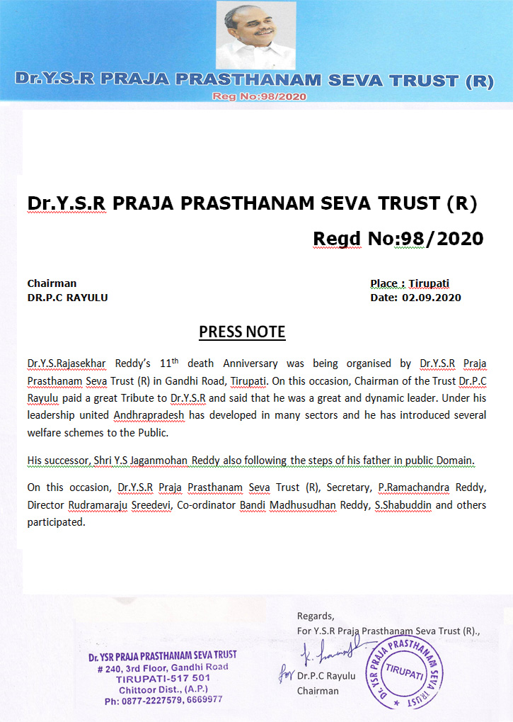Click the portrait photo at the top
[x=255, y=35]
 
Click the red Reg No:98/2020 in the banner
[x=259, y=96]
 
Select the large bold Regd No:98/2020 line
[x=398, y=239]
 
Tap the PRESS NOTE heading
[x=242, y=332]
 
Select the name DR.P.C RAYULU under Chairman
[x=68, y=298]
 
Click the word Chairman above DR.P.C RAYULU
[x=52, y=283]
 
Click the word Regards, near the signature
[x=316, y=616]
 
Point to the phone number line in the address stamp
[x=163, y=699]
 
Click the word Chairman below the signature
[x=318, y=691]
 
